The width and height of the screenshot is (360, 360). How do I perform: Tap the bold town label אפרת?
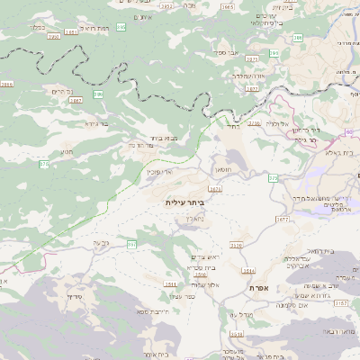261,287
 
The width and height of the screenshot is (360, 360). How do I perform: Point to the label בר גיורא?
96,123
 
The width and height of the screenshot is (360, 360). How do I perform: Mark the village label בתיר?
232,128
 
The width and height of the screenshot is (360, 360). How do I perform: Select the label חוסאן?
222,168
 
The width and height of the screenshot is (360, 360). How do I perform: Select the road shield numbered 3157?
340,304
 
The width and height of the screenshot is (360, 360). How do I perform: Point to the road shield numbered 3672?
283,219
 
